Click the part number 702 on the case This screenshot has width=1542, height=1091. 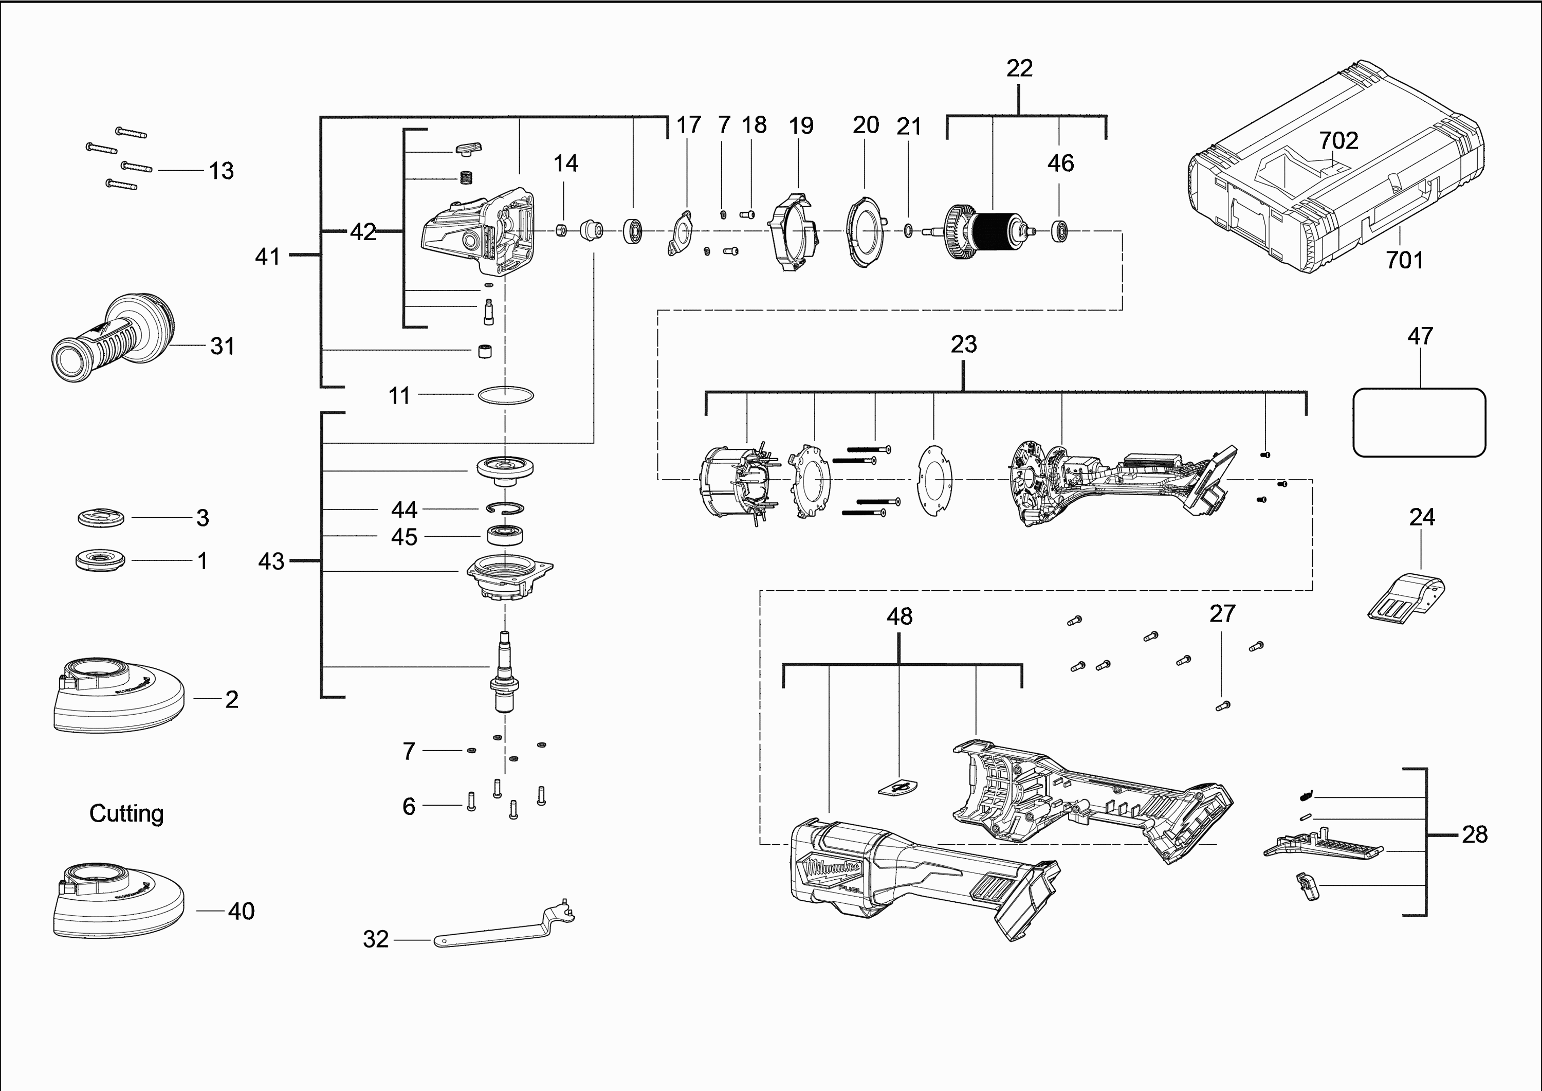click(1338, 140)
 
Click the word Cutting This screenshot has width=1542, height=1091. click(126, 813)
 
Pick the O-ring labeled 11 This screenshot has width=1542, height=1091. click(506, 395)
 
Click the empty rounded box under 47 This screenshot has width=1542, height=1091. click(1419, 423)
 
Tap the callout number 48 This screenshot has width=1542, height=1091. click(899, 617)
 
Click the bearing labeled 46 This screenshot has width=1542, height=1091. click(1060, 231)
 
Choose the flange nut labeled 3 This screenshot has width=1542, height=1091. click(101, 517)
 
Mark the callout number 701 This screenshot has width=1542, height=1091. click(1404, 260)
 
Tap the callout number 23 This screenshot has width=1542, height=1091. click(963, 344)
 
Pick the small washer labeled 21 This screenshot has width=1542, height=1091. click(908, 231)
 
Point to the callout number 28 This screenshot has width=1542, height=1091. click(1475, 834)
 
